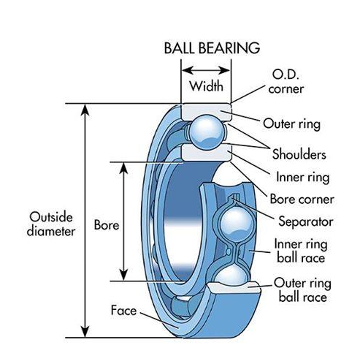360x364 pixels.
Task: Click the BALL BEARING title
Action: pos(211,49)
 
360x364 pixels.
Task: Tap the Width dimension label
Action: pos(207,86)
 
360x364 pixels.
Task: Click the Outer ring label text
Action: pos(291,124)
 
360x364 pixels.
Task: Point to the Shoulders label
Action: pos(299,155)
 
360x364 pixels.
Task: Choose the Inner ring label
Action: pos(302,177)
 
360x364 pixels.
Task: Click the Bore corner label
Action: pos(302,199)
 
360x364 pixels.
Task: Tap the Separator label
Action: pos(305,221)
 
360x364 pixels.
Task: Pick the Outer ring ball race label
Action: pos(299,290)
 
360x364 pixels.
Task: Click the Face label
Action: pos(124,310)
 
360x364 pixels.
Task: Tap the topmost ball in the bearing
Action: pos(207,132)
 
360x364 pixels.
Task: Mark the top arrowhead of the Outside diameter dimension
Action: pos(86,109)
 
